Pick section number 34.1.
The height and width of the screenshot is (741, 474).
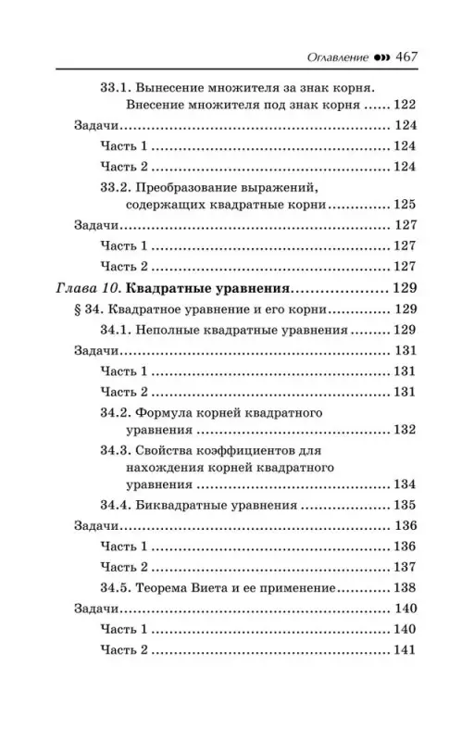[x=117, y=329]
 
